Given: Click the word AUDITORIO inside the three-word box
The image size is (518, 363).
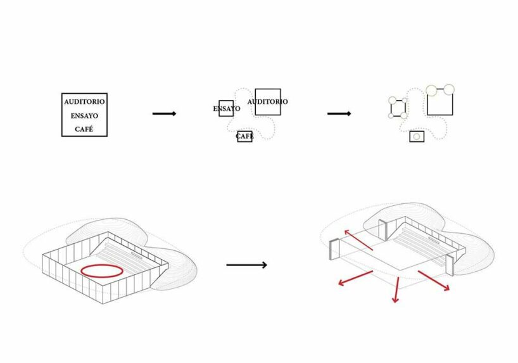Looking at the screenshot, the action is (84, 102).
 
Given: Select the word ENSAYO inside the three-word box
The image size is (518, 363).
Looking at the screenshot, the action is (84, 116).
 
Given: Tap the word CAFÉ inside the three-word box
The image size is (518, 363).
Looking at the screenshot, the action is (84, 129).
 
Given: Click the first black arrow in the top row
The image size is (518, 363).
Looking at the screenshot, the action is (164, 114).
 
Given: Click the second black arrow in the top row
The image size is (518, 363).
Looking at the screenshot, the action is (339, 114).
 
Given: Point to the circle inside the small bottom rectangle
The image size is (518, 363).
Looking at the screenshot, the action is (417, 137).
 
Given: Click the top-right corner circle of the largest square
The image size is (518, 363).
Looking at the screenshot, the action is (448, 89).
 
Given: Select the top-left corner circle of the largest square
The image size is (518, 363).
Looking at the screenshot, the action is (431, 90).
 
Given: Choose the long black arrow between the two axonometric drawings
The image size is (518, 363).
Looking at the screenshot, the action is (246, 265).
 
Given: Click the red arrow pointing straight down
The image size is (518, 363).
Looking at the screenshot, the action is (396, 290).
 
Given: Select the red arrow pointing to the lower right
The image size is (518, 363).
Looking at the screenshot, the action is (434, 281).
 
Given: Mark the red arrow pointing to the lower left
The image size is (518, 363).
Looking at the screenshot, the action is (355, 278).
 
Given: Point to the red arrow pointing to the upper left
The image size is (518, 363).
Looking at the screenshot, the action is (358, 239).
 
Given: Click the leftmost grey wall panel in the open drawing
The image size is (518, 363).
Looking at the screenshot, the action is (334, 249).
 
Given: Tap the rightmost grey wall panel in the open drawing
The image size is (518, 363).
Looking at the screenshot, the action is (450, 265).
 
